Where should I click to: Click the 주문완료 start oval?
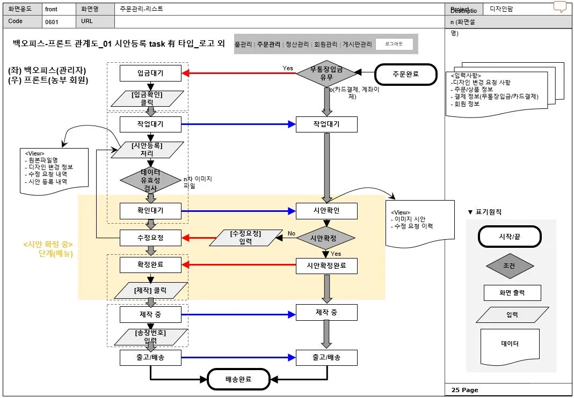[405, 74]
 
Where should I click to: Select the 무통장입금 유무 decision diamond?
[327, 73]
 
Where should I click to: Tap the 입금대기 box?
[150, 73]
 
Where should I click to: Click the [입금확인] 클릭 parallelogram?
[147, 98]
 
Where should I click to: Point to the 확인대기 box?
[150, 211]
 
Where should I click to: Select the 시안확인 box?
[326, 211]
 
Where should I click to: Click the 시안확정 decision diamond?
[326, 238]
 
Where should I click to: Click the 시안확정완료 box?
[326, 265]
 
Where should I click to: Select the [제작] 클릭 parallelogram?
[150, 291]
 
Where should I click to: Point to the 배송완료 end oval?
[238, 379]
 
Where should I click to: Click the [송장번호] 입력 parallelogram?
[150, 336]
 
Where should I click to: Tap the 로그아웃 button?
[394, 44]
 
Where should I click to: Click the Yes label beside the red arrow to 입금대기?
[288, 68]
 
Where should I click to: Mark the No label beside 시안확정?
[292, 234]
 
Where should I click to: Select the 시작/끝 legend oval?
[510, 236]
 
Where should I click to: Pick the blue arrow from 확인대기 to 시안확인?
[238, 211]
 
